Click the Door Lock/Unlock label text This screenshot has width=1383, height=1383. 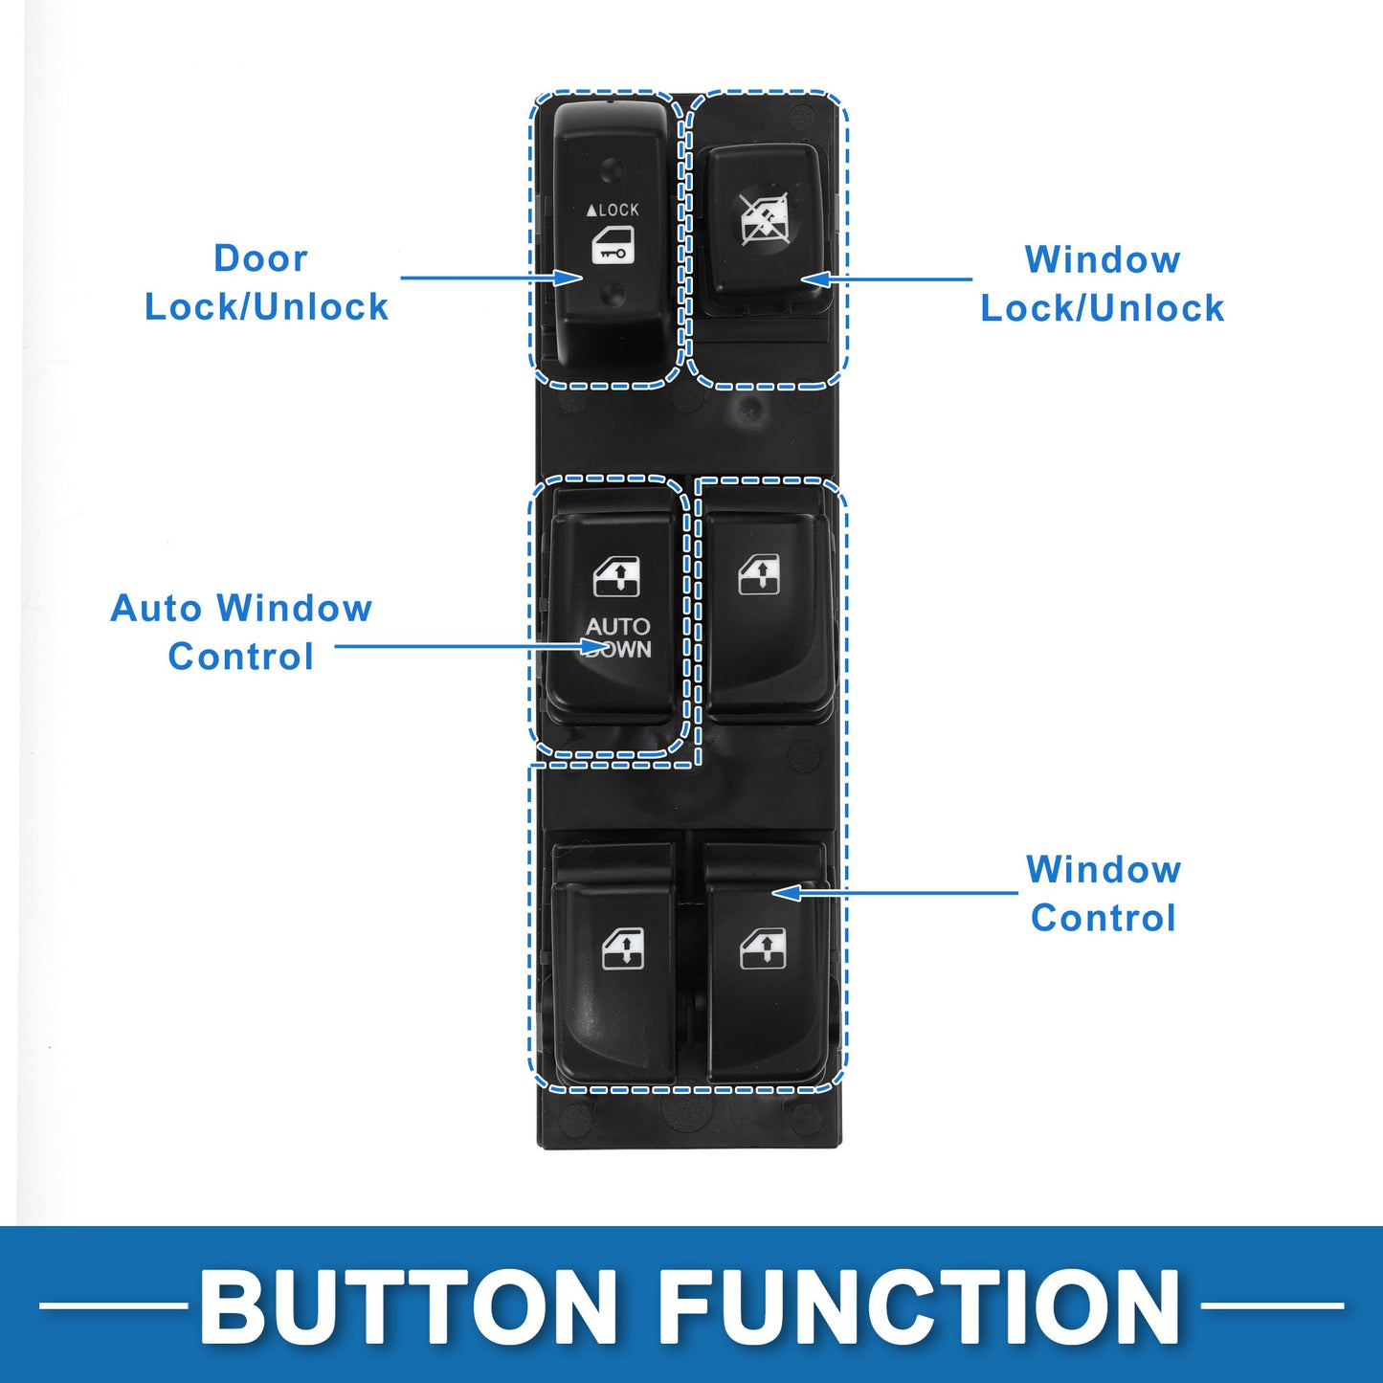click(266, 282)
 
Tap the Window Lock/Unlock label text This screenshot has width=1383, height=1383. click(1103, 283)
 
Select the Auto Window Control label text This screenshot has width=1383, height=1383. click(241, 633)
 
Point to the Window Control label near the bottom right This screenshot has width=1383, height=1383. click(1104, 894)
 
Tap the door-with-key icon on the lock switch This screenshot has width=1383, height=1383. click(613, 246)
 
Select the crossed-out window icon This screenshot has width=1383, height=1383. click(765, 218)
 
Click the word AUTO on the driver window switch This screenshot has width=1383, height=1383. click(618, 627)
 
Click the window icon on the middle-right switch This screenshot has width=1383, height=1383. click(760, 575)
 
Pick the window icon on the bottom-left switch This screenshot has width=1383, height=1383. click(622, 948)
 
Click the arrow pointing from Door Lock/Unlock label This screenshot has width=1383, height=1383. click(492, 278)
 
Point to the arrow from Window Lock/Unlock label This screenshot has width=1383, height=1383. click(885, 279)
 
